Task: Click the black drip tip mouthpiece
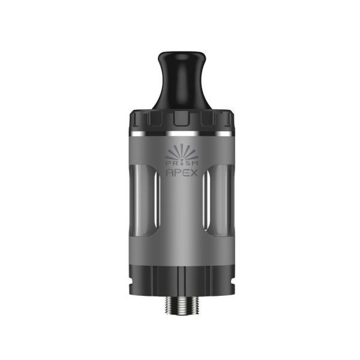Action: (181, 82)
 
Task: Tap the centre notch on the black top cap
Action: (181, 119)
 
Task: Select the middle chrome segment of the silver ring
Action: (183, 134)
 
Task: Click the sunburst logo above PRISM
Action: (181, 152)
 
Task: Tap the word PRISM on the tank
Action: (182, 163)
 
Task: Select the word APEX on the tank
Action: (182, 173)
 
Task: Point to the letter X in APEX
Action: (194, 173)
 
